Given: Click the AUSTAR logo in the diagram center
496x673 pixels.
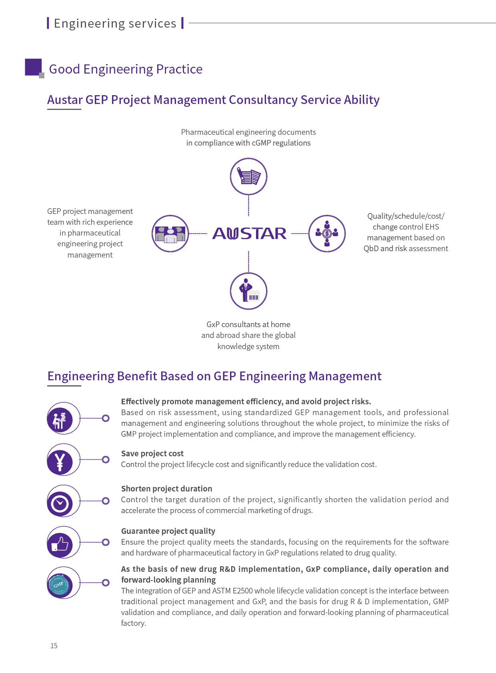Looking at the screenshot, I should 249,234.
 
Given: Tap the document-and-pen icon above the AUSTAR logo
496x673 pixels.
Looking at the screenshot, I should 248,176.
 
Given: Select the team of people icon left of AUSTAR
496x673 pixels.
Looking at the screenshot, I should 170,234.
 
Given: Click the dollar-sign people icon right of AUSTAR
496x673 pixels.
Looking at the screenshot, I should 327,234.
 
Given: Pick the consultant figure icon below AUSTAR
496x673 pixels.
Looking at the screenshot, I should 248,291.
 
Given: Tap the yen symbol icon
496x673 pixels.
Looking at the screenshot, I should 60,461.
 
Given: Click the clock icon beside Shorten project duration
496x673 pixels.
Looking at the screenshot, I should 60,503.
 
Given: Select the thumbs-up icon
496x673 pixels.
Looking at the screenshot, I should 60,544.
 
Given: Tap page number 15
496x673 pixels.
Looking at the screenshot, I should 54,645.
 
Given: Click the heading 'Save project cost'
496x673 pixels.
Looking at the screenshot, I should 152,453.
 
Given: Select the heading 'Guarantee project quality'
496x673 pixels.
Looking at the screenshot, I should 168,531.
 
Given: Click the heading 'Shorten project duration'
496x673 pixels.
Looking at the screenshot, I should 166,489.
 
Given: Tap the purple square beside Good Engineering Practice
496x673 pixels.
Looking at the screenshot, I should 34,67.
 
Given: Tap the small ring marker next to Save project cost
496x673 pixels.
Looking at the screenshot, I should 106,459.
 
